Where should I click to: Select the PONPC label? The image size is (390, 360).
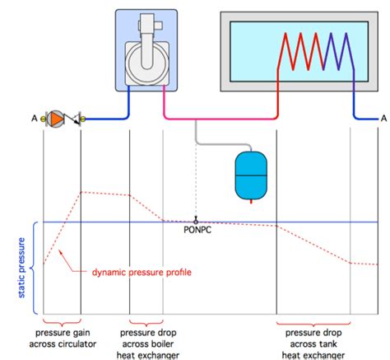[x=196, y=231]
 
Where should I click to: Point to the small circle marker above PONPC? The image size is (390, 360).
[x=196, y=221]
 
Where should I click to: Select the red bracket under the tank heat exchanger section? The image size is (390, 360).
[x=313, y=323]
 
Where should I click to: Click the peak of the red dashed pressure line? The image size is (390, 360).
[x=81, y=192]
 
